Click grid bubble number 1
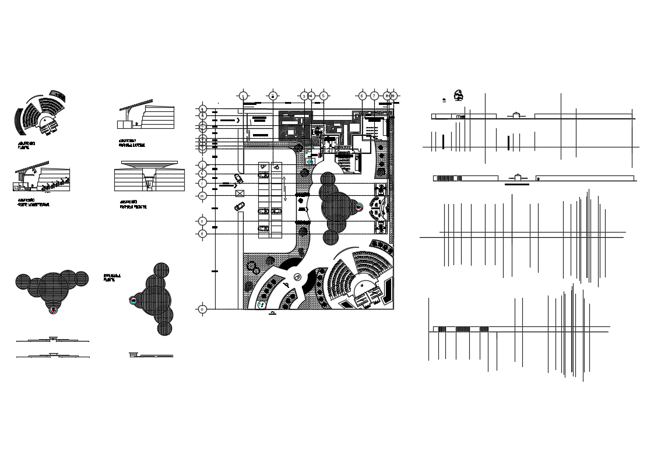click(244, 96)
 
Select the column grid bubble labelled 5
click(324, 96)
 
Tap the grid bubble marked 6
click(362, 96)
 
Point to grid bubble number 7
click(375, 96)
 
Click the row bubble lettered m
click(202, 196)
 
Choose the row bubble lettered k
click(202, 173)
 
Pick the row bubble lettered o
click(202, 309)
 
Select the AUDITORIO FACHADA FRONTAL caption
click(133, 205)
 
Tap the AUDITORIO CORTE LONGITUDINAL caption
click(34, 204)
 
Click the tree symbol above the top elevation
click(459, 94)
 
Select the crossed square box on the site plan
click(240, 193)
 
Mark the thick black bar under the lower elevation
click(516, 184)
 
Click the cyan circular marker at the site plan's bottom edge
click(260, 305)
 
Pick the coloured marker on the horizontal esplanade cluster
click(54, 309)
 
